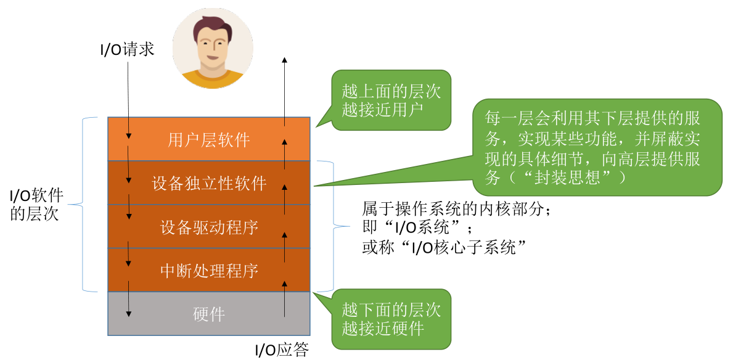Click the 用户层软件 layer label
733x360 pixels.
[208, 140]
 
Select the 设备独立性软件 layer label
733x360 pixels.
[209, 183]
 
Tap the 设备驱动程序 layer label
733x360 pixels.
[209, 227]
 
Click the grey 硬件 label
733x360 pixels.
[209, 314]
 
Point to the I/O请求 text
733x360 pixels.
[127, 50]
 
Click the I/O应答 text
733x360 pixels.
[282, 350]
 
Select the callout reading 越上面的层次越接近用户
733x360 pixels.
[390, 100]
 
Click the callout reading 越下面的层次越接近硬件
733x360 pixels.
[390, 319]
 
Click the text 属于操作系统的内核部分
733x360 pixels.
[452, 208]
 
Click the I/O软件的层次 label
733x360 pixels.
[38, 205]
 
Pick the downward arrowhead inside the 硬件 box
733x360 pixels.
[129, 313]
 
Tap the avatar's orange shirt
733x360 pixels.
[213, 80]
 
